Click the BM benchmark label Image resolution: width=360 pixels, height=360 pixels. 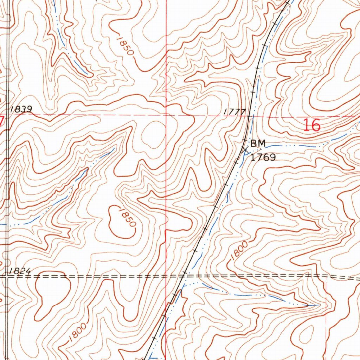click(x=258, y=143)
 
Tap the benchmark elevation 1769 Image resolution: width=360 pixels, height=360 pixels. click(x=263, y=157)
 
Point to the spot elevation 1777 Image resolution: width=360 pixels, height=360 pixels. click(x=234, y=112)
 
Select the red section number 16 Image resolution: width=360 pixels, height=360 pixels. click(x=312, y=125)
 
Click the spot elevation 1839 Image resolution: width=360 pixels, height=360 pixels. click(x=21, y=109)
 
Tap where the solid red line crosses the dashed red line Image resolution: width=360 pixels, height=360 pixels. click(x=166, y=115)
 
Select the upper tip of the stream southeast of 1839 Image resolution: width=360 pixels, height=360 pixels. click(x=114, y=149)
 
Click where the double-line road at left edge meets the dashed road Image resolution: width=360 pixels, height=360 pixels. click(x=7, y=276)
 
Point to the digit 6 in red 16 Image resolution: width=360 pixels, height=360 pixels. click(x=316, y=125)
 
